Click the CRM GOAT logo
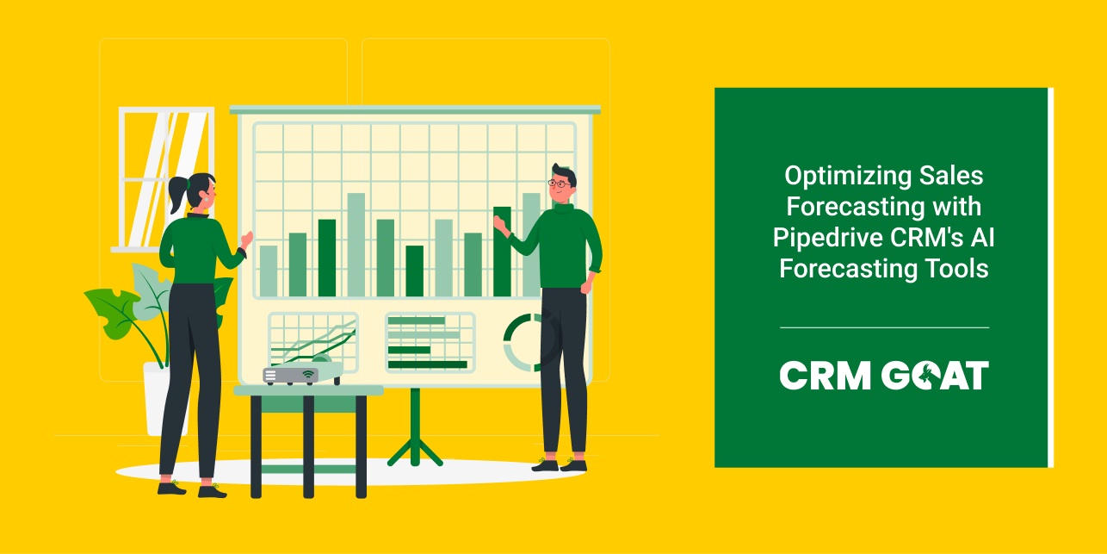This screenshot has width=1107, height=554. click(x=884, y=376)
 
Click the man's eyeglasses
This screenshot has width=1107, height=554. click(x=560, y=183)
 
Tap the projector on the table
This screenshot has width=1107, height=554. click(x=290, y=376)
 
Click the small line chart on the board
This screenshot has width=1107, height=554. click(x=312, y=341)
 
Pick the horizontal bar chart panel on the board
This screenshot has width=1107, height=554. click(x=430, y=342)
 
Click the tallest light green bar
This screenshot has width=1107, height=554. click(x=356, y=245)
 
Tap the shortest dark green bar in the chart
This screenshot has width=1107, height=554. click(x=415, y=271)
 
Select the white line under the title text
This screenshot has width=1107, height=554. click(x=884, y=327)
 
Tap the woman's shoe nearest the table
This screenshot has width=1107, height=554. click(x=212, y=491)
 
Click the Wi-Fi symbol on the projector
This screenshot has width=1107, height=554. click(x=307, y=375)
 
